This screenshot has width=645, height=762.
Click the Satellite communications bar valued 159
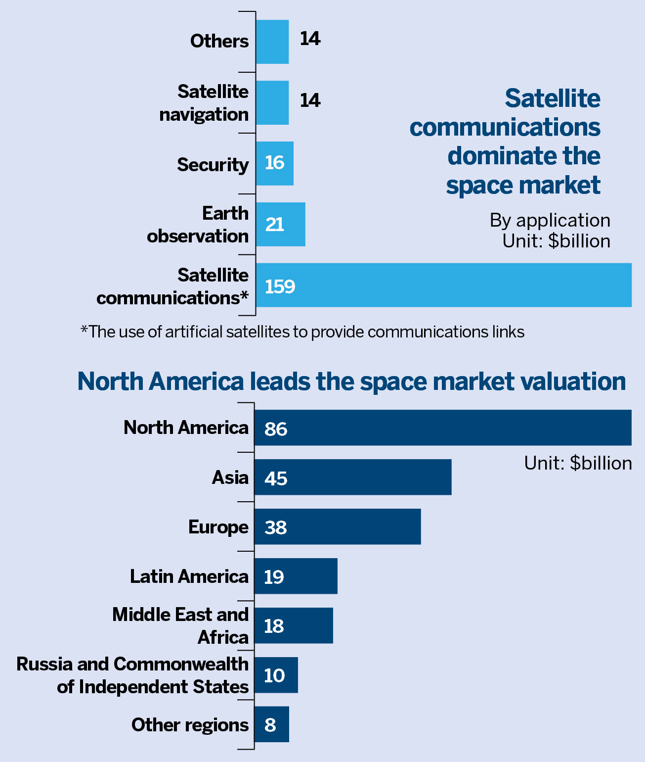pos(443,285)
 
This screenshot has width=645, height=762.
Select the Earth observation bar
pos(280,224)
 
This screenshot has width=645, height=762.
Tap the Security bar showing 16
pos(274,163)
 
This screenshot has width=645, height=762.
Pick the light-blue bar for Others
pos(272,42)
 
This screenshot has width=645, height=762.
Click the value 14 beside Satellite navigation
pos(310,100)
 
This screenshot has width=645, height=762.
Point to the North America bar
pos(442,428)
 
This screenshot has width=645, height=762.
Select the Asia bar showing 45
pos(352,477)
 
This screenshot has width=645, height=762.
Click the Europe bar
pos(337,526)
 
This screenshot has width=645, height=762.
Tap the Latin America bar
pos(296,576)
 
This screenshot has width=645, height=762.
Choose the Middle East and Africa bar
pos(293,625)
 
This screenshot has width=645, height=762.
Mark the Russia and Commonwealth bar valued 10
pos(276,675)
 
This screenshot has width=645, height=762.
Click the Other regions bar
pos(271,724)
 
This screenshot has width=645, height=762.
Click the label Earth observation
pos(198,225)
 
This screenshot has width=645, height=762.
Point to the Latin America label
pos(189,576)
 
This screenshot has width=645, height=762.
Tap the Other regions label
pos(190,725)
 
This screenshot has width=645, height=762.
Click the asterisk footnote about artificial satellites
pos(302,332)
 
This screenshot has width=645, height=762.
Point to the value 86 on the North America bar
pos(275,429)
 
